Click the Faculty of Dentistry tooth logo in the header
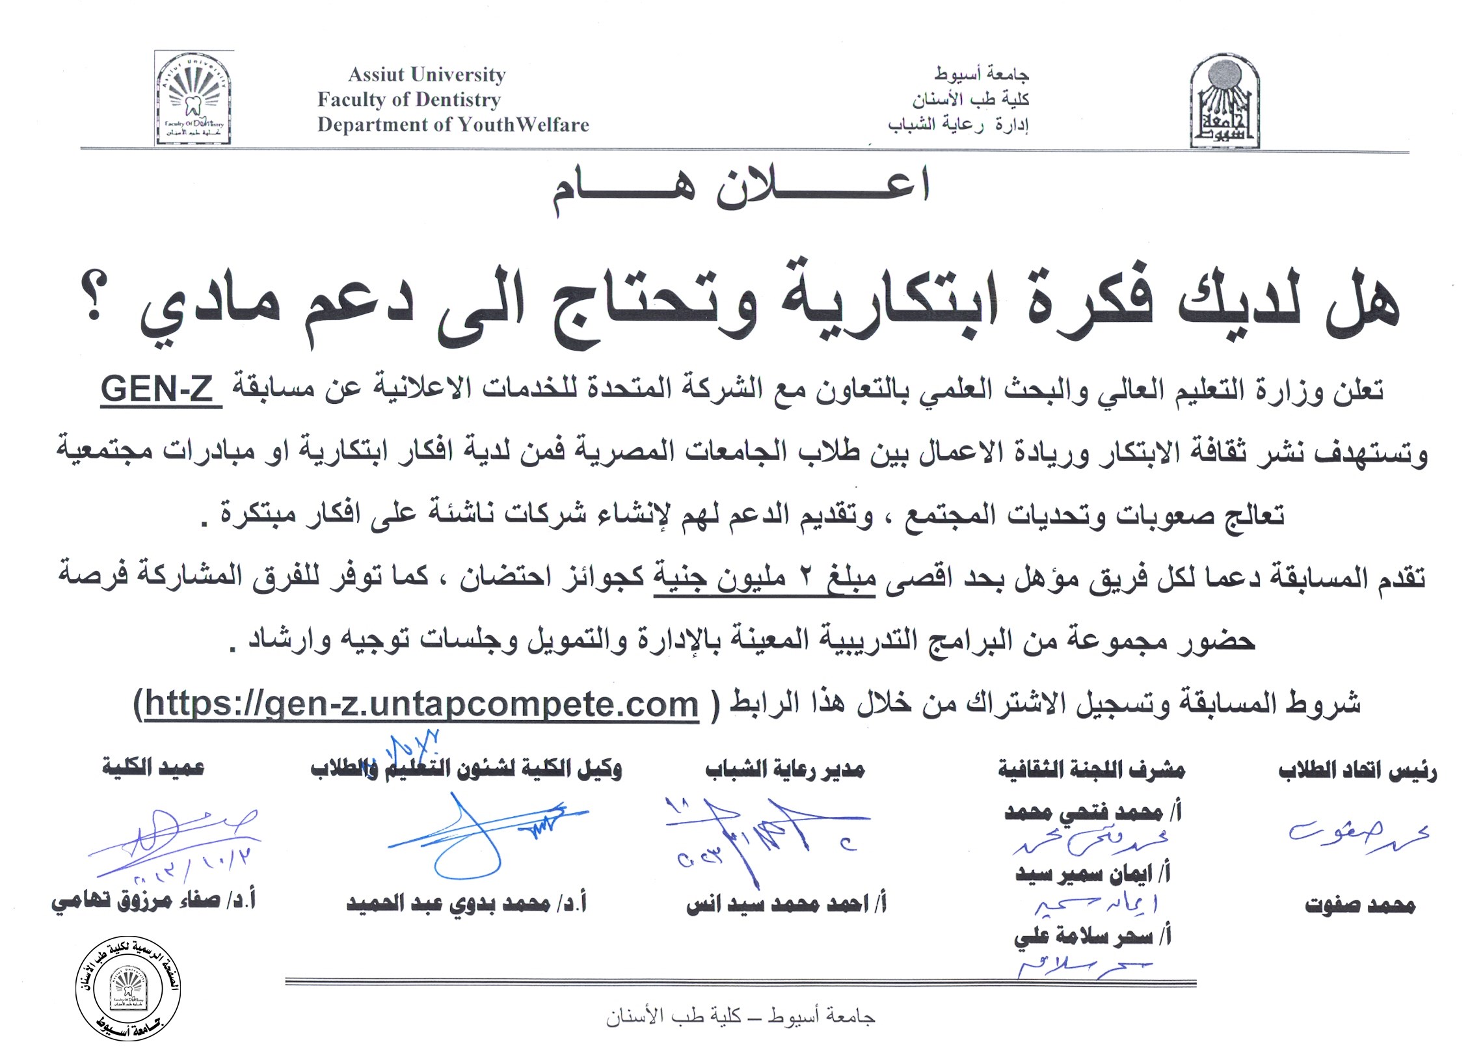pos(193,98)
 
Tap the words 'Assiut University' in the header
pos(427,75)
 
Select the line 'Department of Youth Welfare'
pos(453,125)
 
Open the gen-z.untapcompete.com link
pos(421,704)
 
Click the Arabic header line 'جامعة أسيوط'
pos(982,75)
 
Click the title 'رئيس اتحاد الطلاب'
pos(1357,772)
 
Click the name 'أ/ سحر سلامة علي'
pos(1092,937)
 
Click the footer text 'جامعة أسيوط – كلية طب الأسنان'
pos(740,1016)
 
